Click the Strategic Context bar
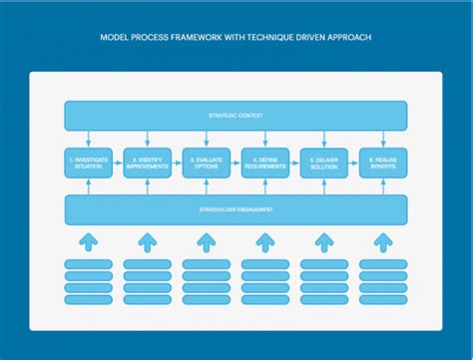pyautogui.click(x=236, y=116)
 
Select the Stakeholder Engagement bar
pyautogui.click(x=236, y=209)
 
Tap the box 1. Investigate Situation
pyautogui.click(x=88, y=163)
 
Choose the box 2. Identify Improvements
pyautogui.click(x=147, y=163)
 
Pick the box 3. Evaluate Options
pyautogui.click(x=206, y=163)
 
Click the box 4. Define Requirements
pyautogui.click(x=265, y=163)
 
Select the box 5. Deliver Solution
pyautogui.click(x=324, y=163)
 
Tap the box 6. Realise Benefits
pyautogui.click(x=383, y=163)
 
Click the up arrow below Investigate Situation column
pyautogui.click(x=88, y=241)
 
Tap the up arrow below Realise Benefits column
pyautogui.click(x=383, y=241)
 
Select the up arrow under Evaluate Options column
pyautogui.click(x=206, y=241)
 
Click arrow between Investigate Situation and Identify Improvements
pyautogui.click(x=118, y=163)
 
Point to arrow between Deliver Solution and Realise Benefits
pyautogui.click(x=353, y=163)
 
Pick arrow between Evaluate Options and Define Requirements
pyautogui.click(x=236, y=163)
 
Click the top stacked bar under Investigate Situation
pyautogui.click(x=88, y=264)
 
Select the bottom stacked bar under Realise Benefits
pyautogui.click(x=383, y=300)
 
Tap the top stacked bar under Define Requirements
pyautogui.click(x=265, y=264)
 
